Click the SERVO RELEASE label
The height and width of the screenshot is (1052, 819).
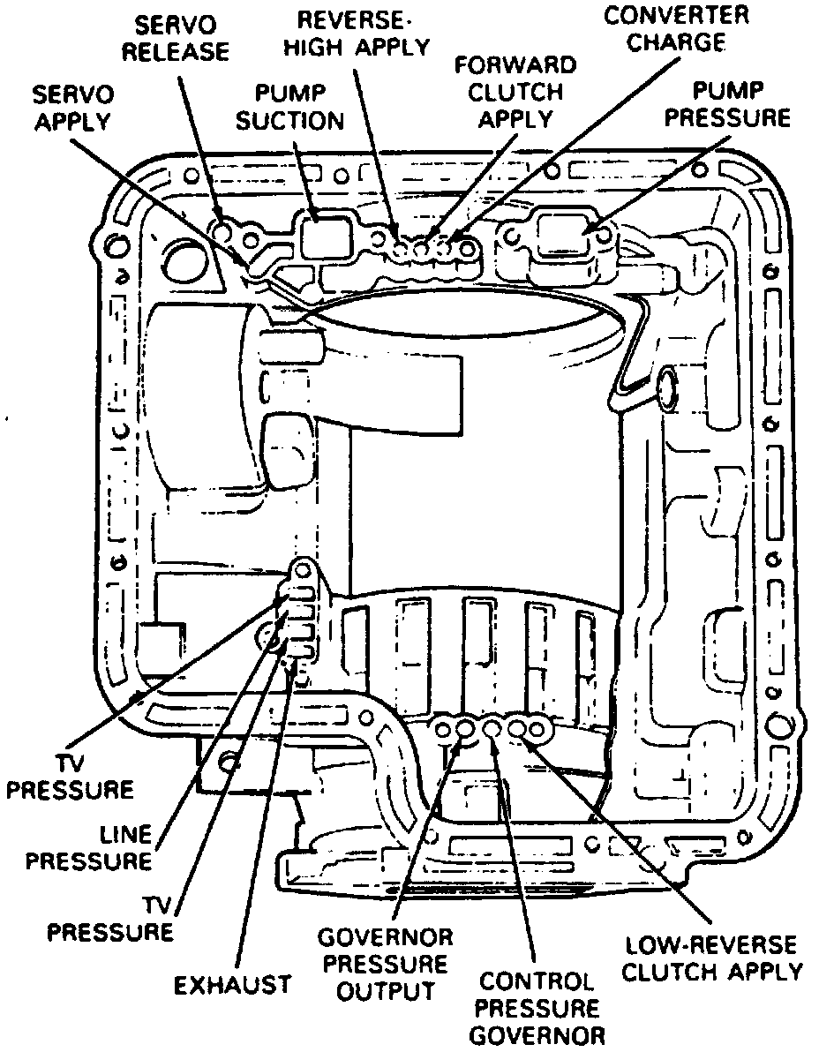[175, 36]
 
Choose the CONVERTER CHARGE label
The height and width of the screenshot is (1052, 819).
[676, 28]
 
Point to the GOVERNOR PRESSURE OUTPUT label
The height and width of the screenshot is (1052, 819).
[385, 963]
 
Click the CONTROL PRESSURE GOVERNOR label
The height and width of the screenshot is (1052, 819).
[537, 1008]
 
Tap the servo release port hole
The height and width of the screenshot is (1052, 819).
[227, 231]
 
